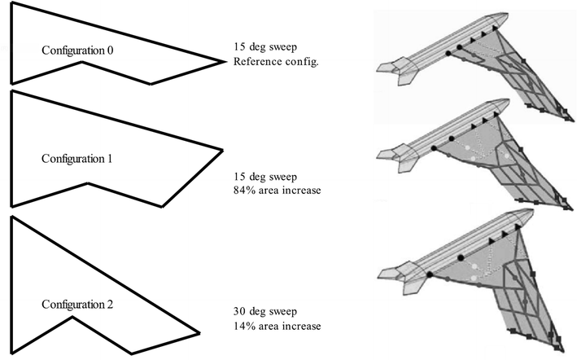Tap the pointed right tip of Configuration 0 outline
(222, 61)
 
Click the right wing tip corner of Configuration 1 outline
(221, 150)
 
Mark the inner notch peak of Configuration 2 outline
(72, 318)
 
